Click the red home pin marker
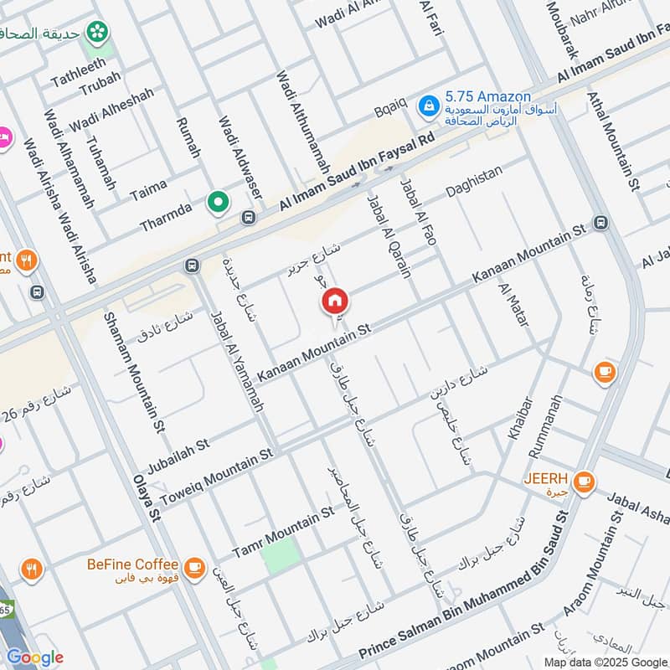coord(335,300)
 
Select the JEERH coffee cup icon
coord(584,482)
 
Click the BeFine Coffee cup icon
coord(195,568)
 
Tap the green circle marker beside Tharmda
coord(219,202)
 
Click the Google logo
coord(34,657)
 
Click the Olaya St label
coord(145,498)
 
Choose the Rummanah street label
coord(544,425)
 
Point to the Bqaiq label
coord(390,106)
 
